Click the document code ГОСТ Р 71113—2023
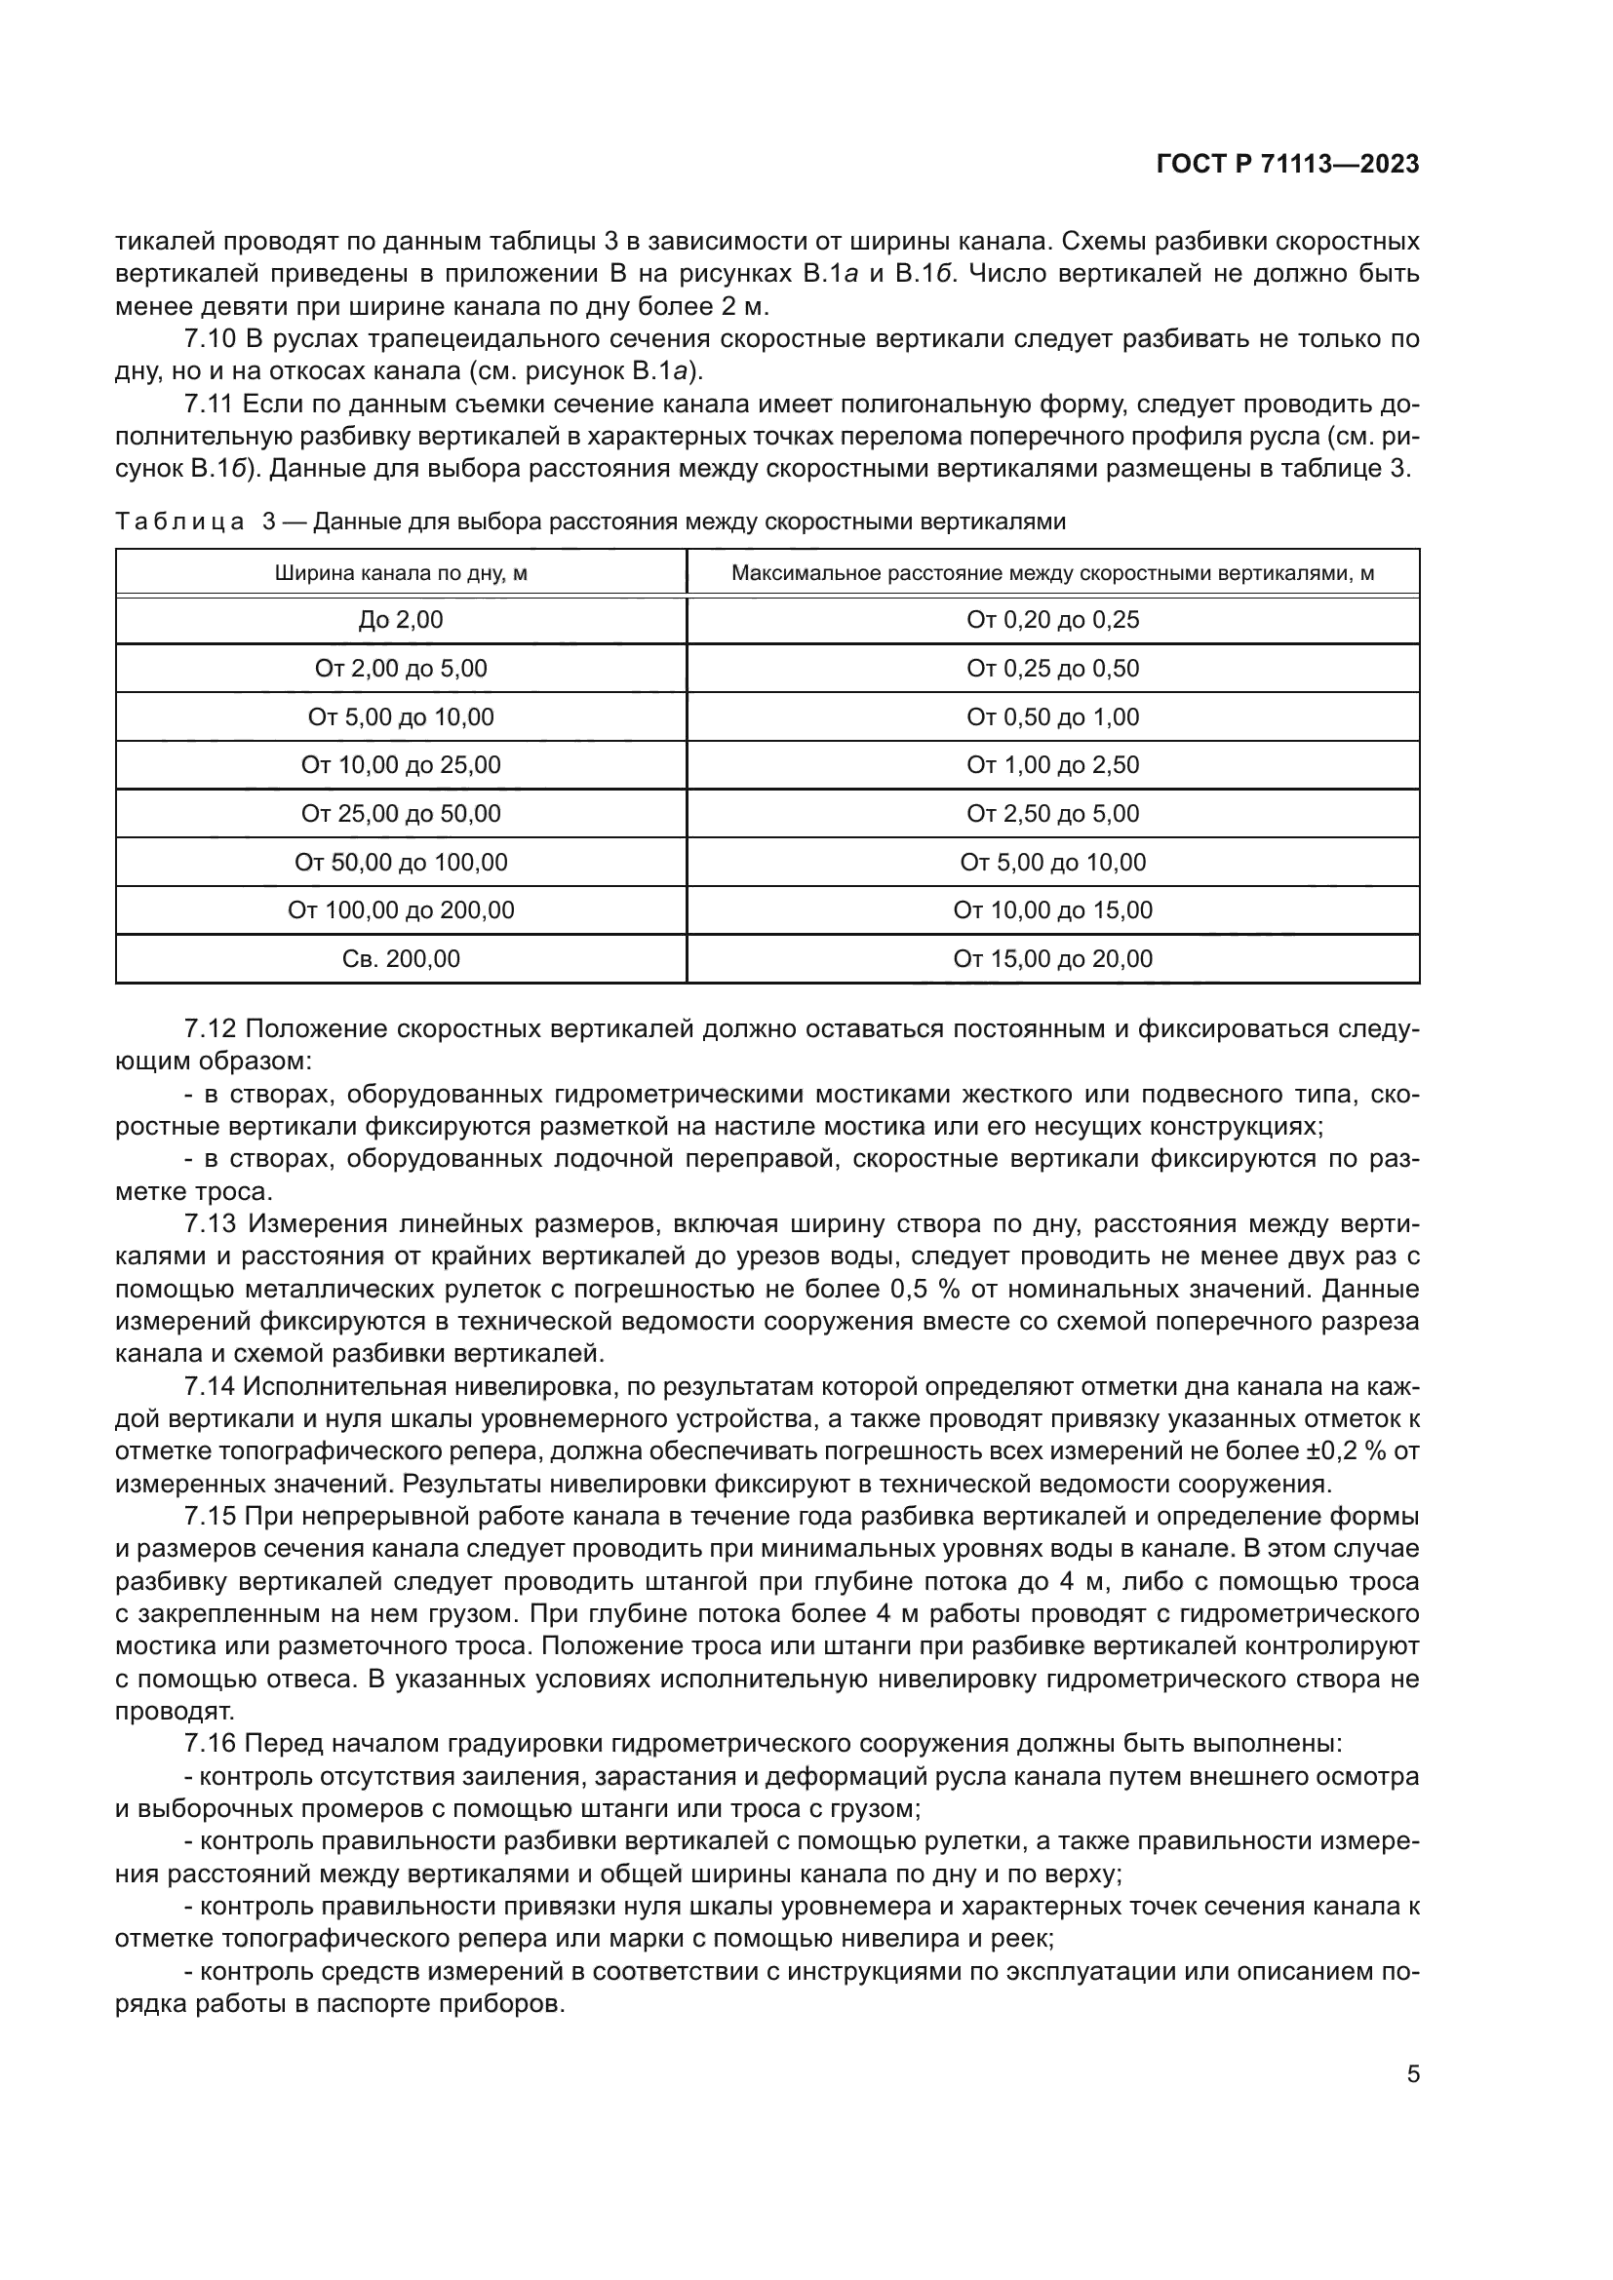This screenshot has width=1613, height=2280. [x=1287, y=165]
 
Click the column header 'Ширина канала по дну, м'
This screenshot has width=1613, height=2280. [x=400, y=573]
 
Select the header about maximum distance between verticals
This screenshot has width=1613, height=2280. [x=1052, y=573]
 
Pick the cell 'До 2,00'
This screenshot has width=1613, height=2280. [x=400, y=621]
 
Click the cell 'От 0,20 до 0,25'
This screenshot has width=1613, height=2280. [x=1052, y=621]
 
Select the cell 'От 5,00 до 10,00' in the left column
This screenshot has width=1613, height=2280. [x=400, y=717]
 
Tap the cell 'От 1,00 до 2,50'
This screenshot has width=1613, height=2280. [x=1052, y=764]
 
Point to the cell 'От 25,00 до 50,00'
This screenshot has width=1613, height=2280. [x=400, y=813]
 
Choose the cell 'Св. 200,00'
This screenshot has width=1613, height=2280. [x=400, y=958]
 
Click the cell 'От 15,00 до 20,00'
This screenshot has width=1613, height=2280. [x=1052, y=958]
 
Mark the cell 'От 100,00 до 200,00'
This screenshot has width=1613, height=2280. [x=400, y=909]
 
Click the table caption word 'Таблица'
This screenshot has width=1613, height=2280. [x=179, y=522]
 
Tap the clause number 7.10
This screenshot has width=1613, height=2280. [x=210, y=338]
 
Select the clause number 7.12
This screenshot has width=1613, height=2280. [x=210, y=1028]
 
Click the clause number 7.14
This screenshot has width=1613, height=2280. [x=210, y=1386]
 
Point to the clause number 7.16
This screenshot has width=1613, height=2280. [x=210, y=1744]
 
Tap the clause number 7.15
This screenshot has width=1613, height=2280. [x=210, y=1517]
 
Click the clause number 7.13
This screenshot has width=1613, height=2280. [x=210, y=1224]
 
